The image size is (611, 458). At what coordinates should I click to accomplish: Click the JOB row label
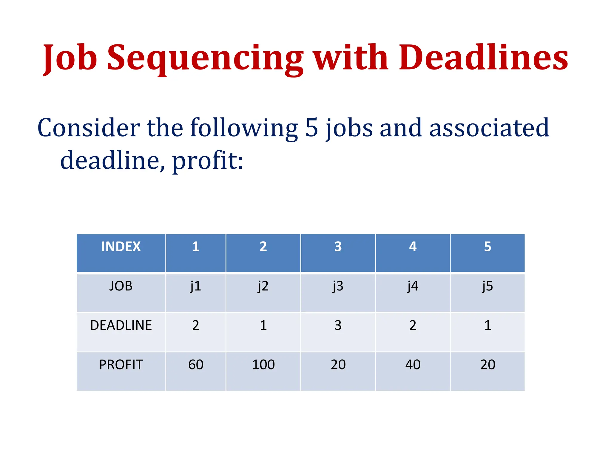(x=121, y=286)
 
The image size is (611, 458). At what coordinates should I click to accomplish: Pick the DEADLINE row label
(x=121, y=325)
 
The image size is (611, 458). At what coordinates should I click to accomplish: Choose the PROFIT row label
(x=121, y=364)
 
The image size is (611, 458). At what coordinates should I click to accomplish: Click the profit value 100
(x=263, y=364)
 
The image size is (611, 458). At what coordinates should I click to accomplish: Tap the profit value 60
(x=196, y=364)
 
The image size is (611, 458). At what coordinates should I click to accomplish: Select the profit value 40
(x=413, y=364)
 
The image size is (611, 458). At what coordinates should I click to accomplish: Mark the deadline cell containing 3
(x=338, y=325)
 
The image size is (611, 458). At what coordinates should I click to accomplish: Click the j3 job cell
(x=338, y=286)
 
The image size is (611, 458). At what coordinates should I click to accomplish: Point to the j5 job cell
(x=487, y=286)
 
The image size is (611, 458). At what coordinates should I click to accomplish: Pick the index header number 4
(x=413, y=247)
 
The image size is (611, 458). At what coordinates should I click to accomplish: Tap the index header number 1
(x=196, y=247)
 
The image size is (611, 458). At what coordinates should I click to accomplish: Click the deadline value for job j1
(x=196, y=325)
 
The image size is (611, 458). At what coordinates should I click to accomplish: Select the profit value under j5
(x=487, y=364)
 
